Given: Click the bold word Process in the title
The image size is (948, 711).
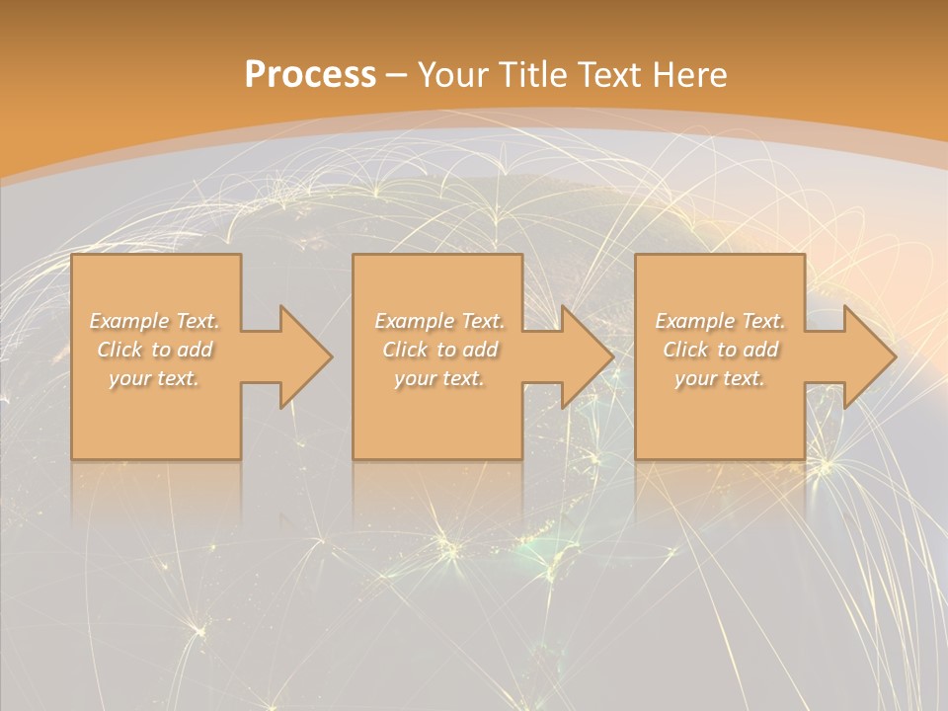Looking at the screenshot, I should click(x=310, y=75).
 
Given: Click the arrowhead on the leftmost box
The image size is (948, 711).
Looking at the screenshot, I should click(x=302, y=356).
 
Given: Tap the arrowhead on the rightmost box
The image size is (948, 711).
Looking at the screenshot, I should click(x=867, y=356).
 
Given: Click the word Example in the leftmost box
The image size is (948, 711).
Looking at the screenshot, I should click(x=128, y=321).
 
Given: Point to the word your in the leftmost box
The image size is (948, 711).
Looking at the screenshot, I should click(x=128, y=378).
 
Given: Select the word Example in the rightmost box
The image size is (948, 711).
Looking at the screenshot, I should click(x=693, y=321).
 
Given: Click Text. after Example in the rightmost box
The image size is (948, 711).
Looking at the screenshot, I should click(x=761, y=321).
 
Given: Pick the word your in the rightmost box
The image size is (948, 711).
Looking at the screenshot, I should click(x=695, y=378).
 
